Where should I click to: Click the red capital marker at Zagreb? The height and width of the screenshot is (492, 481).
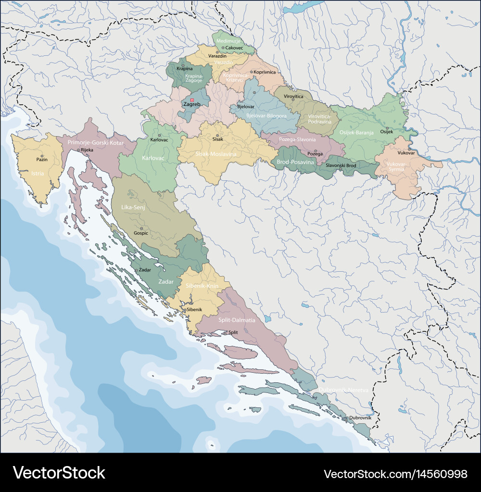(x=188, y=100)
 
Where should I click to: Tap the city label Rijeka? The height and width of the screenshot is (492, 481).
(x=87, y=150)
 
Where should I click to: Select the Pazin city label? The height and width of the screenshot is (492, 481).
(x=42, y=159)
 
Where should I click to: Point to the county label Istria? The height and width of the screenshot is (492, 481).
(x=38, y=173)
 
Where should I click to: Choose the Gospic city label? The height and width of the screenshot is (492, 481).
(x=141, y=233)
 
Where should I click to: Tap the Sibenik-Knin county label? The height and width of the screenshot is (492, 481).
(x=202, y=286)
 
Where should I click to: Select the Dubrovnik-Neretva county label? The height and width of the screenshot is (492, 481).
(x=343, y=390)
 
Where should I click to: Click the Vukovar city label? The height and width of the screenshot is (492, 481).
(x=392, y=152)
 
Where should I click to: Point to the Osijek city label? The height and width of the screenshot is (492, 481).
(x=387, y=131)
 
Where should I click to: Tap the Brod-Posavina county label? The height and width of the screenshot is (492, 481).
(x=295, y=163)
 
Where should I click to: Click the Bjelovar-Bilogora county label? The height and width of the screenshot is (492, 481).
(x=266, y=116)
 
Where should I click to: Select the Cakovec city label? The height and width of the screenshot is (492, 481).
(x=234, y=48)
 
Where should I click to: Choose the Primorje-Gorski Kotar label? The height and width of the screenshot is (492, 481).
(x=96, y=143)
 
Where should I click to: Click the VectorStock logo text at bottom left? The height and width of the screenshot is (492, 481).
(x=59, y=472)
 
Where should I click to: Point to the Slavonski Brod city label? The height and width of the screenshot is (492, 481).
(x=341, y=165)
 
